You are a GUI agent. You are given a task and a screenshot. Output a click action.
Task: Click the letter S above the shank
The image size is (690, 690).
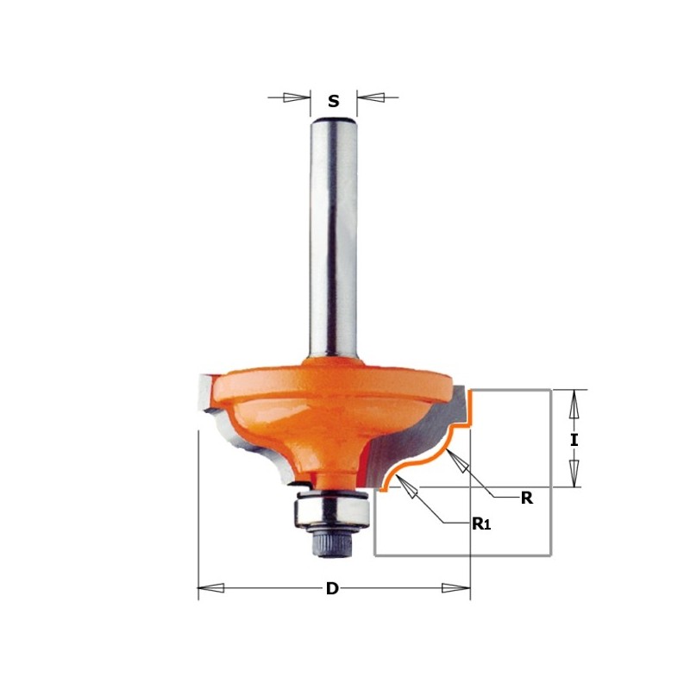(333, 102)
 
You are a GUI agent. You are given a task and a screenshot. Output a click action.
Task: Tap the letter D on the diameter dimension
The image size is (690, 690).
(331, 589)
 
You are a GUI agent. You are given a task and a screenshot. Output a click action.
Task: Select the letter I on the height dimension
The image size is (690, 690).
(574, 439)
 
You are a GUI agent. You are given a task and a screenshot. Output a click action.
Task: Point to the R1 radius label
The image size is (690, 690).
(481, 522)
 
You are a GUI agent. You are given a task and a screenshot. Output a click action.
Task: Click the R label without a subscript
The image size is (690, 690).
(527, 498)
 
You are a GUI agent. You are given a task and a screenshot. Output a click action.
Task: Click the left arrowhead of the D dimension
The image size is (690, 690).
(212, 589)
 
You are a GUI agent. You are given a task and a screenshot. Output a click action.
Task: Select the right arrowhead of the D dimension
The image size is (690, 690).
(455, 589)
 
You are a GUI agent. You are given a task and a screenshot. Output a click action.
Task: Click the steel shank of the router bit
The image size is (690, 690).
(332, 233)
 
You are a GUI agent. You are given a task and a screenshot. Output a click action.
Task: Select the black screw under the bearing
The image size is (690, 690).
(332, 542)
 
